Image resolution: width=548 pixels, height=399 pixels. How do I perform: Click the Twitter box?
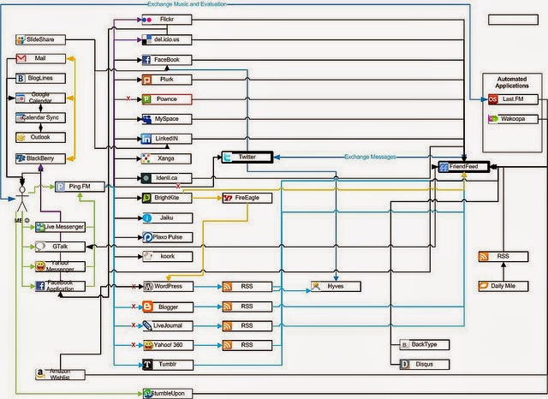pos(247,157)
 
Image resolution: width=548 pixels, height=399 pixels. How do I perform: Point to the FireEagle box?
pos(247,198)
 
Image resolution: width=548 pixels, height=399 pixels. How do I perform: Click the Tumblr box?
pos(165,365)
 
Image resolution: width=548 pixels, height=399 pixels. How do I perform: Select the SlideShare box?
pos(40,39)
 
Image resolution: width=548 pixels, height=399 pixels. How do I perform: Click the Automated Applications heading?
pos(511,83)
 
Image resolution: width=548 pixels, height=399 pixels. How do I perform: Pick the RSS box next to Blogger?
pos(247,307)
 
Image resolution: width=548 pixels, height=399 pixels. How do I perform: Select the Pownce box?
pos(165,99)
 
